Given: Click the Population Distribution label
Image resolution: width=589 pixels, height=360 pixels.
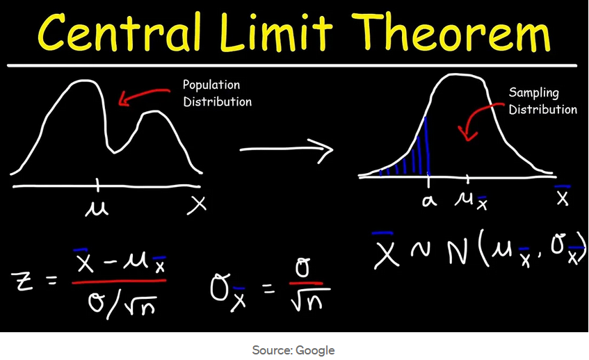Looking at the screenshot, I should [217, 93].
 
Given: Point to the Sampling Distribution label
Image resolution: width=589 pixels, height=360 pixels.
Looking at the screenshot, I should [542, 101].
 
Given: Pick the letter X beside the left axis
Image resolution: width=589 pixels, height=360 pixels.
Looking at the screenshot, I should [199, 204].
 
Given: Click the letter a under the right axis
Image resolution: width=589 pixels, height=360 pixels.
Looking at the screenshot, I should [428, 201].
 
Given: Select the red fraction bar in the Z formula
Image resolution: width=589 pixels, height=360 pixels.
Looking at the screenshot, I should [118, 281].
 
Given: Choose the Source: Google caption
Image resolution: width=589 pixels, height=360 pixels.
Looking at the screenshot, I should [293, 350].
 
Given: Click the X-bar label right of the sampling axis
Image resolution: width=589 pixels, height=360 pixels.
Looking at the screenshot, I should [563, 197].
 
